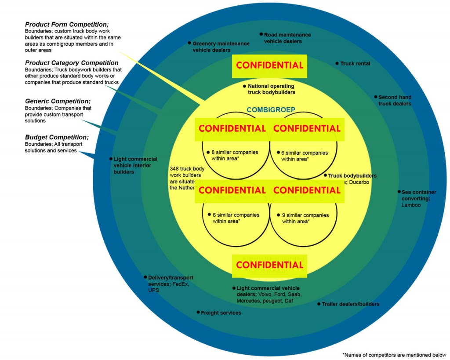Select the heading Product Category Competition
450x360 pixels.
[72, 63]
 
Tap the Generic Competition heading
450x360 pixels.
[58, 101]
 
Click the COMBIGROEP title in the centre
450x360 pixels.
[271, 110]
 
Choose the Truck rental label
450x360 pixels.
[355, 64]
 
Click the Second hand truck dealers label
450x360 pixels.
[395, 100]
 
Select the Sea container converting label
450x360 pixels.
[418, 195]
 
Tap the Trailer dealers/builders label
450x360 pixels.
[350, 304]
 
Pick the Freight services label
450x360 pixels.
[221, 313]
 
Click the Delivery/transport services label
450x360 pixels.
[171, 281]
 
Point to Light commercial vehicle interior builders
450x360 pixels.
[135, 165]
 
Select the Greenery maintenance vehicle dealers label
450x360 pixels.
[221, 47]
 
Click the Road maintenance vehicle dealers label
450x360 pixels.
[287, 38]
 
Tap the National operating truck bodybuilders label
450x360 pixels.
[271, 89]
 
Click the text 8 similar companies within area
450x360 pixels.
[235, 156]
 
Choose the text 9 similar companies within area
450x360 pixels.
[305, 218]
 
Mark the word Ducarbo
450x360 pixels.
[360, 182]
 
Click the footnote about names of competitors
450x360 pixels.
[394, 355]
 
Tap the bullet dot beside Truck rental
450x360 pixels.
[337, 64]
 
